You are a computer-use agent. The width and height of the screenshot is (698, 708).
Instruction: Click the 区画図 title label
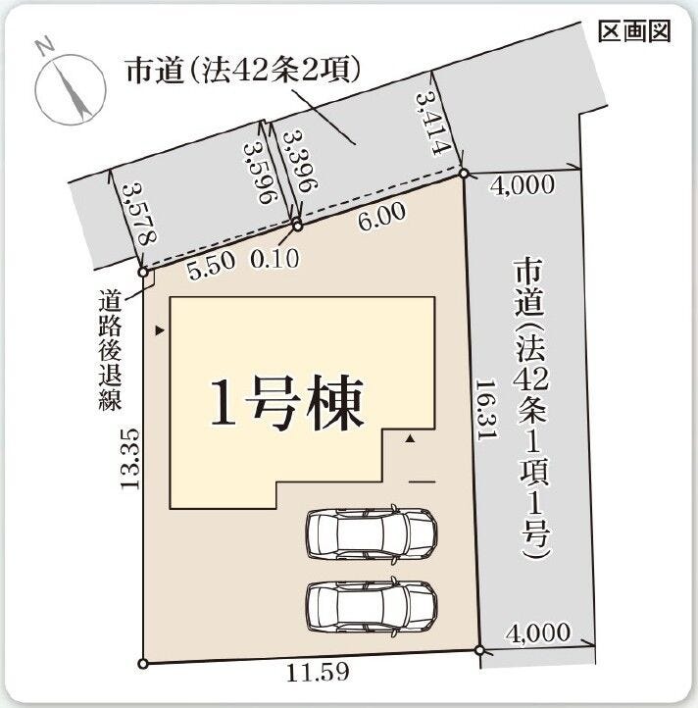point(634,32)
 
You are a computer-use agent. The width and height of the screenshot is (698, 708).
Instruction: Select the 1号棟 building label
point(287,403)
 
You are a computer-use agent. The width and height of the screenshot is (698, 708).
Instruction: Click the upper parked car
point(372,534)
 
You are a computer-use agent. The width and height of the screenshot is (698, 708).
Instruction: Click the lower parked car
point(372,606)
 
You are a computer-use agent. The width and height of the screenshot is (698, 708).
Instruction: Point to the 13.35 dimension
point(130,458)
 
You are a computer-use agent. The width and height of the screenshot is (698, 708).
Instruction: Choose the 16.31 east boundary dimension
point(486,410)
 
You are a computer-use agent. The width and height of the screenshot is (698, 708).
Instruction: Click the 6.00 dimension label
point(382,217)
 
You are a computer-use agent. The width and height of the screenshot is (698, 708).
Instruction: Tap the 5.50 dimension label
point(212,265)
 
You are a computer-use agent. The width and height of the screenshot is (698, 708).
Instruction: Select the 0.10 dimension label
point(274,259)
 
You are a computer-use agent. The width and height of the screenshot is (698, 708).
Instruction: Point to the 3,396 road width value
point(300,161)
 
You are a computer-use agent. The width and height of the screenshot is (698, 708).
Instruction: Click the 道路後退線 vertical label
point(110,351)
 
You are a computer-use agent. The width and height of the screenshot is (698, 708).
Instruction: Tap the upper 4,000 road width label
point(523,185)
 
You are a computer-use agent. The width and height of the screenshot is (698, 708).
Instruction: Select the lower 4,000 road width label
point(538,633)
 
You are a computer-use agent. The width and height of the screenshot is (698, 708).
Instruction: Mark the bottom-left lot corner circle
point(143,664)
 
